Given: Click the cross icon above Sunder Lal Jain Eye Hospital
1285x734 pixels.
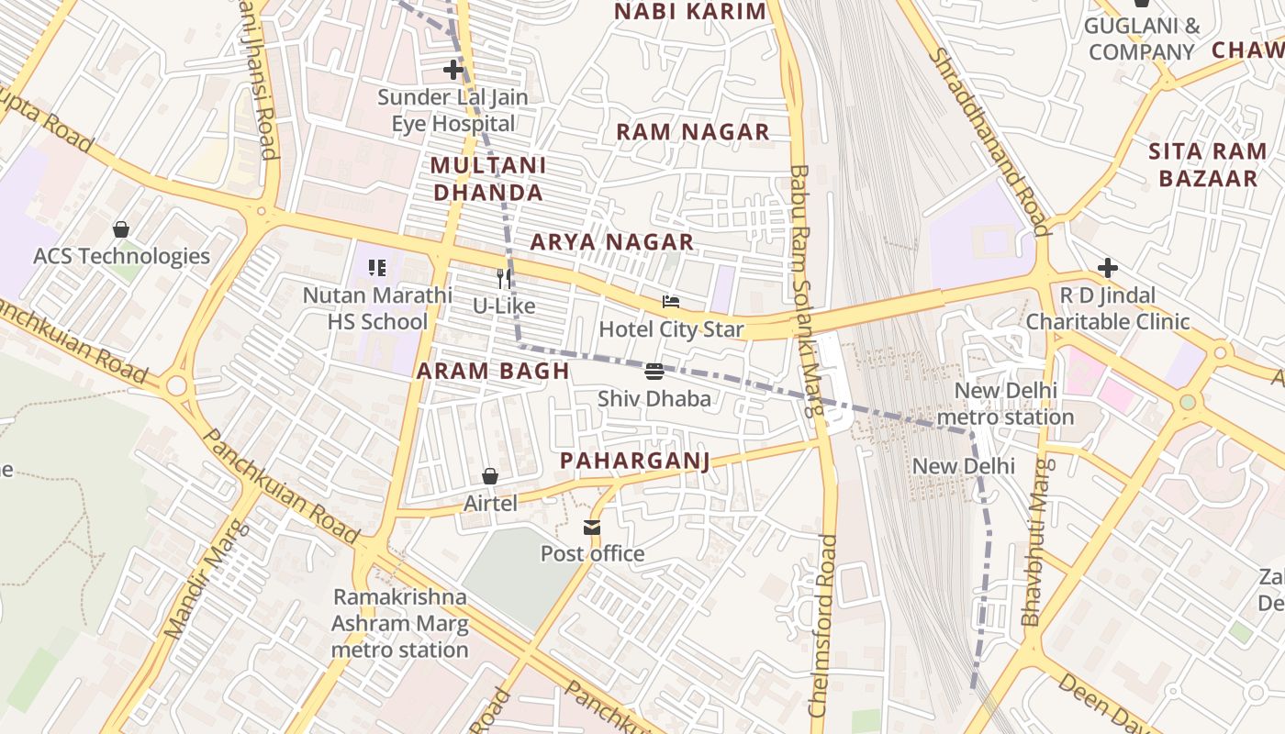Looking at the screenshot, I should coord(453,70).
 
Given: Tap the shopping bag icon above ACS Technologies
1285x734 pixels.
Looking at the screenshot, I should coord(121,229).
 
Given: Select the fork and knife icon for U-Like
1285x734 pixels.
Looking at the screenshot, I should coord(504,279).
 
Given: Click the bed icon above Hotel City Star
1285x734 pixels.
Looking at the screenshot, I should coord(672,303).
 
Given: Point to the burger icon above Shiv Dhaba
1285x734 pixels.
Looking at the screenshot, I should coord(654,372).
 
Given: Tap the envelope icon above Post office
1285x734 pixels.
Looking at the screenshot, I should coord(592,528).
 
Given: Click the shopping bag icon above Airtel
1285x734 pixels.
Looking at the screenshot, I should coord(490,476).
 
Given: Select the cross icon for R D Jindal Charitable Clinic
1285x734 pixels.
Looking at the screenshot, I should coord(1108,269).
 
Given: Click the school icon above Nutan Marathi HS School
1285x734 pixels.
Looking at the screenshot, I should coord(377,268).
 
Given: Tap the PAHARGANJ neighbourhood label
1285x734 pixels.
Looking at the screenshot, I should coord(635,460).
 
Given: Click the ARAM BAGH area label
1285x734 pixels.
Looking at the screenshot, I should coord(493,372).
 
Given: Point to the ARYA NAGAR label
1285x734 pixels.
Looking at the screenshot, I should coord(611,242).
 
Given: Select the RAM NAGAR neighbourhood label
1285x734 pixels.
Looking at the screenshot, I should coord(692,132).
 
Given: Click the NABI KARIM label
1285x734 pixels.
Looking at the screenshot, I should coord(689,12).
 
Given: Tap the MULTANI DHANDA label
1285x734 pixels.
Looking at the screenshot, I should coord(488,179).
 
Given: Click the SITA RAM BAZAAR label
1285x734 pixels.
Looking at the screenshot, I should coord(1208,165).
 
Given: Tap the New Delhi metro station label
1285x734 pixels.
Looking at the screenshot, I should coord(1005,404).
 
